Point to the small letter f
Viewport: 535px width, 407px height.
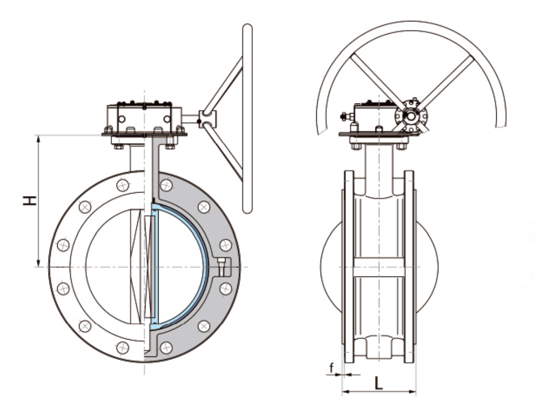tap(332, 368)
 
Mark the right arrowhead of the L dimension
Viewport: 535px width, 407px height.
tap(413, 391)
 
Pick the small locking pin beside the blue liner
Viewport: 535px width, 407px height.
tap(222, 266)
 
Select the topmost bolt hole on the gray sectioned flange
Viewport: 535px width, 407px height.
tap(166, 185)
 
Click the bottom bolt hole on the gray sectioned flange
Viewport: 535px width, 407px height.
tap(166, 347)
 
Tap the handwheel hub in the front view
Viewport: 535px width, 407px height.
tap(206, 117)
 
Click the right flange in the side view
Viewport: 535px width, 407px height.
tap(409, 267)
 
